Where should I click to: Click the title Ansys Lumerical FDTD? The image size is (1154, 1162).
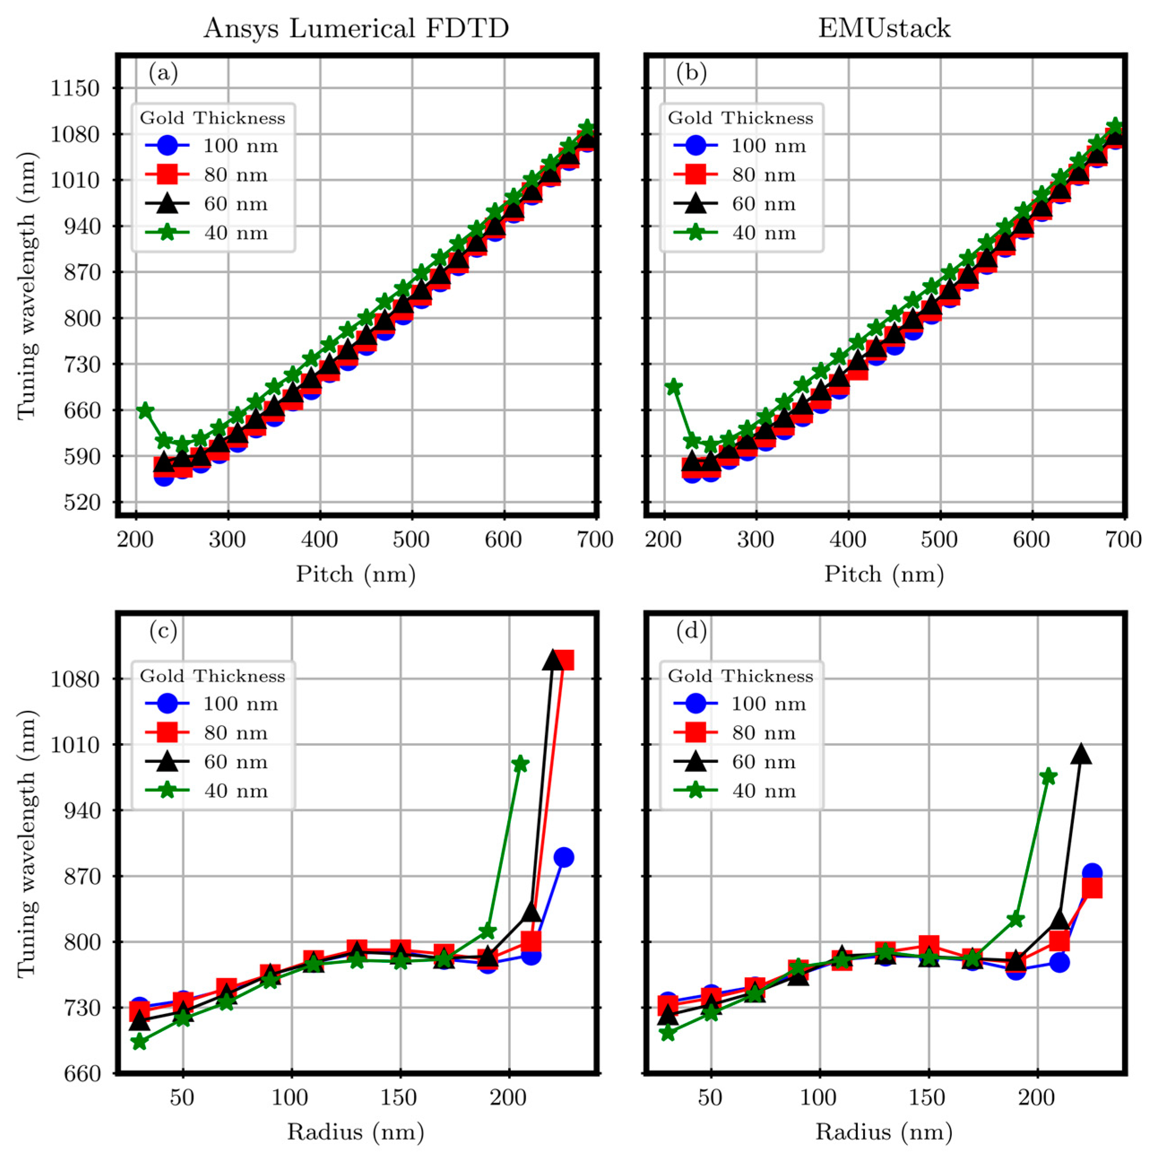tap(356, 29)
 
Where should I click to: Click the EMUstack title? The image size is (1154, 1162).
tap(884, 29)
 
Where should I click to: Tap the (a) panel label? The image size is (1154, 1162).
tap(164, 74)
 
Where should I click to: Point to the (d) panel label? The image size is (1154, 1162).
tap(691, 631)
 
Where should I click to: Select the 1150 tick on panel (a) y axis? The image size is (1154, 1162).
tap(74, 88)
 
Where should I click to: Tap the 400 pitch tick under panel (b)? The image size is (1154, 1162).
tap(847, 540)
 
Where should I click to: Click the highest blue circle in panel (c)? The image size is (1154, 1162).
tap(563, 857)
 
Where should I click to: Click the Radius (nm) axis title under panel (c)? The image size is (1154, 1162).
tap(356, 1132)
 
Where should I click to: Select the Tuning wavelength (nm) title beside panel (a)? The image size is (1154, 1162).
tap(26, 286)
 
